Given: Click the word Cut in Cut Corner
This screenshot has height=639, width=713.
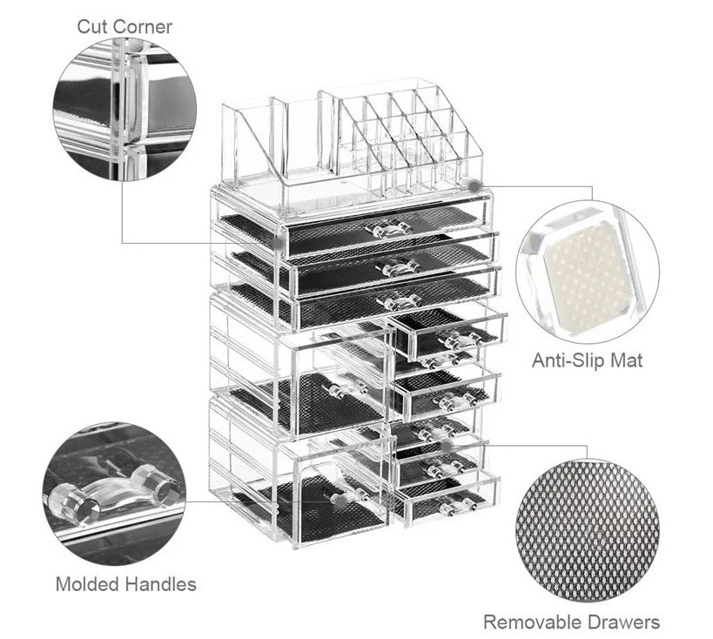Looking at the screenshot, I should (x=94, y=26).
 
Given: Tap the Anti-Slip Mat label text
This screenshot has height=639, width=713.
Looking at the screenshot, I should (x=587, y=360).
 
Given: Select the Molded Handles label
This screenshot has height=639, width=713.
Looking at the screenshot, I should (x=125, y=584).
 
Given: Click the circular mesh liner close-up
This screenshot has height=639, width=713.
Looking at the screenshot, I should (x=586, y=530).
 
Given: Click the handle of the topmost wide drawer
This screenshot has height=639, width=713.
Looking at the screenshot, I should (x=388, y=229).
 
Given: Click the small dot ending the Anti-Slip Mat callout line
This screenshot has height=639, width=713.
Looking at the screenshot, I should (x=473, y=185).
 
